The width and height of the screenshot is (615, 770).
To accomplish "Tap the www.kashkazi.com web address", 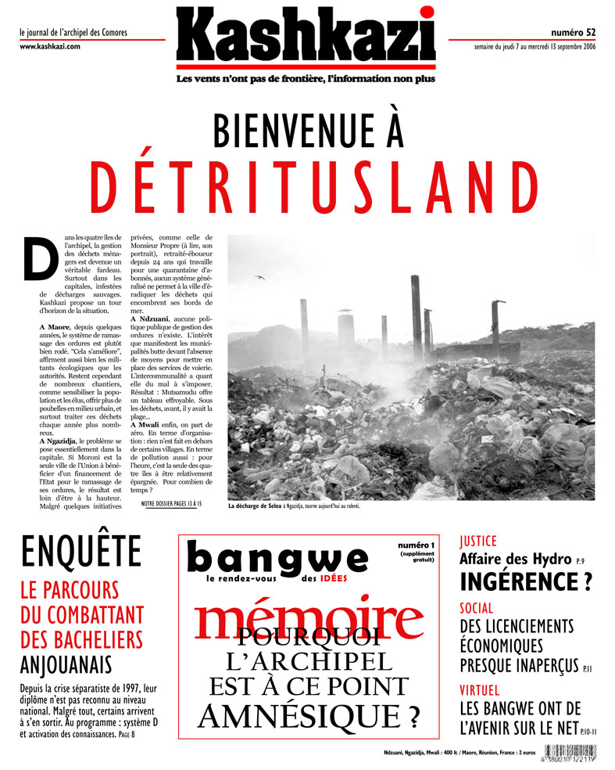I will click(x=49, y=47).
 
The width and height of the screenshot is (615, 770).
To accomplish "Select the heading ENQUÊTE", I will click(x=81, y=551).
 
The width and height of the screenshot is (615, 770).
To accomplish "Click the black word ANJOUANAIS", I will click(x=66, y=665).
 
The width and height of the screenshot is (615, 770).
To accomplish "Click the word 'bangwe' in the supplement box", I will click(x=277, y=557).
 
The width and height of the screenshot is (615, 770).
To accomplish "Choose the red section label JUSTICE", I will click(x=478, y=541).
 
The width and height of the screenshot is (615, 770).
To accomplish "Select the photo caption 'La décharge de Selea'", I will click(x=261, y=506).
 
